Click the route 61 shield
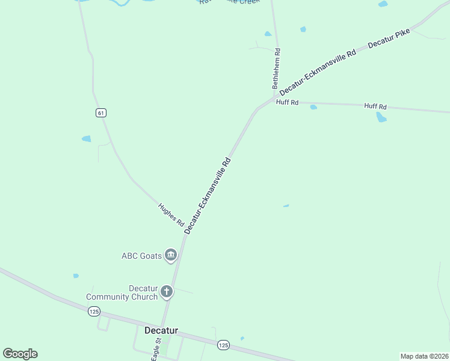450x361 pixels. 100,113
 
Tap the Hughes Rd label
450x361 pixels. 171,215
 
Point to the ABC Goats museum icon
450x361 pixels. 171,256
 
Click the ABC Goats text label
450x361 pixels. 142,256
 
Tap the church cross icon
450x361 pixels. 167,292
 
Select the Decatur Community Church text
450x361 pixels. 122,292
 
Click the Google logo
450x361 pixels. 20,354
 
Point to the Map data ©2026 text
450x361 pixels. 424,356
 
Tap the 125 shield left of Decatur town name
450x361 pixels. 93,311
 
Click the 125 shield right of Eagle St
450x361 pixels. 223,345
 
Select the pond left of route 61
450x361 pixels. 86,139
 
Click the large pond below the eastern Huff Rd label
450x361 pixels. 381,117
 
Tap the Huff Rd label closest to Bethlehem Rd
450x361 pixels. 287,102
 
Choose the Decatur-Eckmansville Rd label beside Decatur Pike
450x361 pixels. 318,71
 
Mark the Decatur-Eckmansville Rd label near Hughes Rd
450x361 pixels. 208,196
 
